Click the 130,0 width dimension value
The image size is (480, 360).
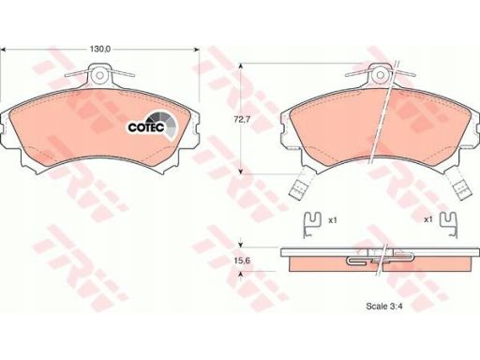(x=100, y=49)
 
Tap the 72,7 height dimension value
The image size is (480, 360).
(x=242, y=119)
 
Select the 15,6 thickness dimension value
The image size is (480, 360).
(x=242, y=260)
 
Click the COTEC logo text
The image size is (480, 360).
(x=146, y=127)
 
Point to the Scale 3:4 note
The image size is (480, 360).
(x=384, y=306)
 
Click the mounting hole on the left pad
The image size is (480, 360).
(x=99, y=75)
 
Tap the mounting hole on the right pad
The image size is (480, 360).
(x=380, y=75)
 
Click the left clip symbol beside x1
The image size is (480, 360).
(x=312, y=224)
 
